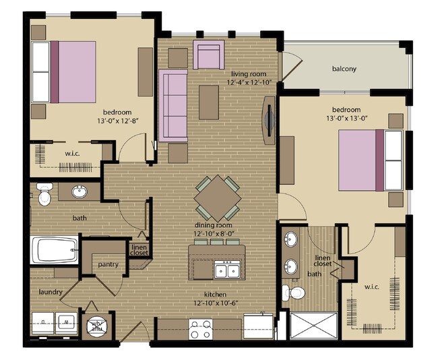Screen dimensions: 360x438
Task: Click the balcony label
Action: (344, 69)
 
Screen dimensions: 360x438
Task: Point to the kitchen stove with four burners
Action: (200, 330)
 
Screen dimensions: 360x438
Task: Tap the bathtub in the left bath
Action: (55, 251)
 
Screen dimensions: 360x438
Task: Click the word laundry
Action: (51, 293)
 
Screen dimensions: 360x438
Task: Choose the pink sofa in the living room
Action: (173, 104)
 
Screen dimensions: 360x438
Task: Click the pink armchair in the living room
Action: (208, 55)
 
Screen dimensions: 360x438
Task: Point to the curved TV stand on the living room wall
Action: (269, 121)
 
